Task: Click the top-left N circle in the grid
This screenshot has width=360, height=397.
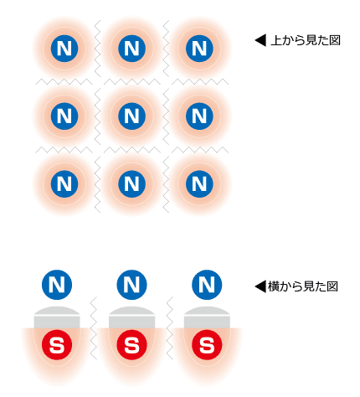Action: pyautogui.click(x=64, y=49)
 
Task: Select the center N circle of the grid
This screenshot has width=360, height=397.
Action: pyautogui.click(x=131, y=116)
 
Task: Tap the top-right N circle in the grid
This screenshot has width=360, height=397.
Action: pyautogui.click(x=199, y=49)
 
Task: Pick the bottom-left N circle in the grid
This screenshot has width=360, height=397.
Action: pyautogui.click(x=64, y=183)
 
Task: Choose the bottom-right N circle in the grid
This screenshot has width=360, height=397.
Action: pyautogui.click(x=199, y=183)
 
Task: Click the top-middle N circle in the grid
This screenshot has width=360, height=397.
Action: pyautogui.click(x=131, y=49)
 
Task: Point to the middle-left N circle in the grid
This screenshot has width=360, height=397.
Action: pyautogui.click(x=64, y=116)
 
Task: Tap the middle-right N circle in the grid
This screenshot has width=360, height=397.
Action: pyautogui.click(x=199, y=116)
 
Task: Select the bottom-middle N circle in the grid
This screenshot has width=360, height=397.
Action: pyautogui.click(x=131, y=183)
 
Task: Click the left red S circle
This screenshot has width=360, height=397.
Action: pyautogui.click(x=57, y=345)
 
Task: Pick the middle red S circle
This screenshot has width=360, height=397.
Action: pyautogui.click(x=131, y=345)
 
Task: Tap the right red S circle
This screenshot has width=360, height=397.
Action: pyautogui.click(x=207, y=345)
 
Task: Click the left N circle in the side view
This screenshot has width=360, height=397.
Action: pyautogui.click(x=57, y=285)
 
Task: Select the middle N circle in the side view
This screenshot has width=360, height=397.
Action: pyautogui.click(x=131, y=285)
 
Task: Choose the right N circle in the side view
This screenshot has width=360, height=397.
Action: pyautogui.click(x=207, y=285)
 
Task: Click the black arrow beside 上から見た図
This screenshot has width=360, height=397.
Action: pyautogui.click(x=260, y=40)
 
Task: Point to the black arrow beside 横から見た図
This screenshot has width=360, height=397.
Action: pyautogui.click(x=260, y=286)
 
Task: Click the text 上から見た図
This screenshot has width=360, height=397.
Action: pyautogui.click(x=306, y=40)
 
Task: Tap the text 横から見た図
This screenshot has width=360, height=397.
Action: pyautogui.click(x=303, y=286)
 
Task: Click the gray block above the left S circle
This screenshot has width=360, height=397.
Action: pyautogui.click(x=57, y=317)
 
